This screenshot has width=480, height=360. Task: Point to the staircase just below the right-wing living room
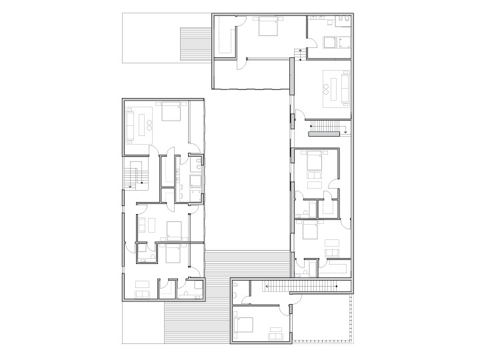point(326,125)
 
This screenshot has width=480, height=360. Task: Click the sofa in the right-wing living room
point(345,87)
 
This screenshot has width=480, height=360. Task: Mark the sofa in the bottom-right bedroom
point(274,328)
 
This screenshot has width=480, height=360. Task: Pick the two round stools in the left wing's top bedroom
point(149,123)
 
